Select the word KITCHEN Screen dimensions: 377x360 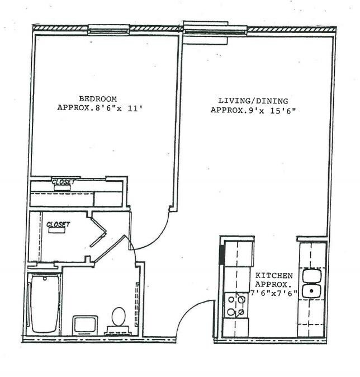274,276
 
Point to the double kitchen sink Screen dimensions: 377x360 311,284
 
